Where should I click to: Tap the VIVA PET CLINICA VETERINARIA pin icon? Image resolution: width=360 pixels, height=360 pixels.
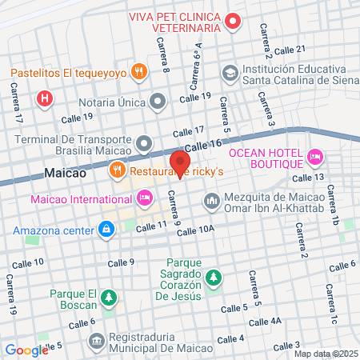point(233,21)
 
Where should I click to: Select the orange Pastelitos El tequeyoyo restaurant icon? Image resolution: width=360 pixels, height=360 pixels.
point(139,71)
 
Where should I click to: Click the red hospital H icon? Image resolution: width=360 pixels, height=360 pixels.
point(45,98)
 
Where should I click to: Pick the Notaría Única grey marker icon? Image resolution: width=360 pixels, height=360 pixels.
point(158,102)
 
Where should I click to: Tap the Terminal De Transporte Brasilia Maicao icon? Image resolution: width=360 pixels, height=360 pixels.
point(144,144)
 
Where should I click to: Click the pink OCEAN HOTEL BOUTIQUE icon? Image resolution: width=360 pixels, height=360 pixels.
point(315,154)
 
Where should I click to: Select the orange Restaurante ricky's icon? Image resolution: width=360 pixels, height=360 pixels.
point(117,170)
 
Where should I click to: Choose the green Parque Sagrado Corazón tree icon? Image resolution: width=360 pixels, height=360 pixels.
point(213,278)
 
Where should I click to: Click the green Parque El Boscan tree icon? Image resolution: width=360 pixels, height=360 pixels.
point(110,299)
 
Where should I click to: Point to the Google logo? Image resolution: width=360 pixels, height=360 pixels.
point(26,350)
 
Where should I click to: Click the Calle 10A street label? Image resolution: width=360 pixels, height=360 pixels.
point(196,230)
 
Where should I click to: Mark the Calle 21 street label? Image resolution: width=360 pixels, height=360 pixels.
point(290,51)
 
